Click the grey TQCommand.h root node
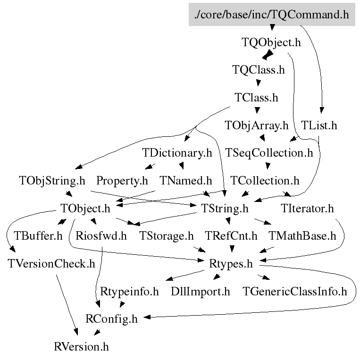[271, 15]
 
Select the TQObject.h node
[271, 42]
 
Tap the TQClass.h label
[259, 70]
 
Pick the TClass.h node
[256, 98]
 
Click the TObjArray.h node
[256, 126]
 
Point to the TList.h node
[319, 126]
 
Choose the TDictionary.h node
[177, 153]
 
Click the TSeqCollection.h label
[269, 153]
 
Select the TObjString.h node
[52, 181]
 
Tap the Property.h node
[122, 181]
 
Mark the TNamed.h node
[185, 181]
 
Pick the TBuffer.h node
[38, 236]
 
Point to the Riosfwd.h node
[101, 236]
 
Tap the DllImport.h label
[201, 292]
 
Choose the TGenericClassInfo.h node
[294, 292]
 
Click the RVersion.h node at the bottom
[82, 347]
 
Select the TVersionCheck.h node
[52, 263]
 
